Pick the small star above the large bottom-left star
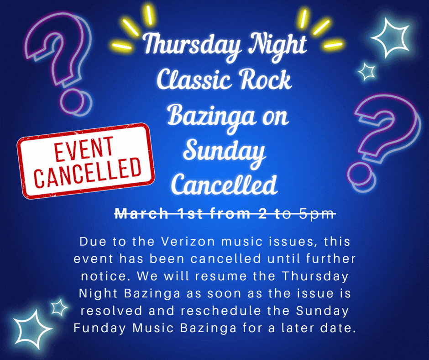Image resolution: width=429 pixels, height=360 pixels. click(59, 307)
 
